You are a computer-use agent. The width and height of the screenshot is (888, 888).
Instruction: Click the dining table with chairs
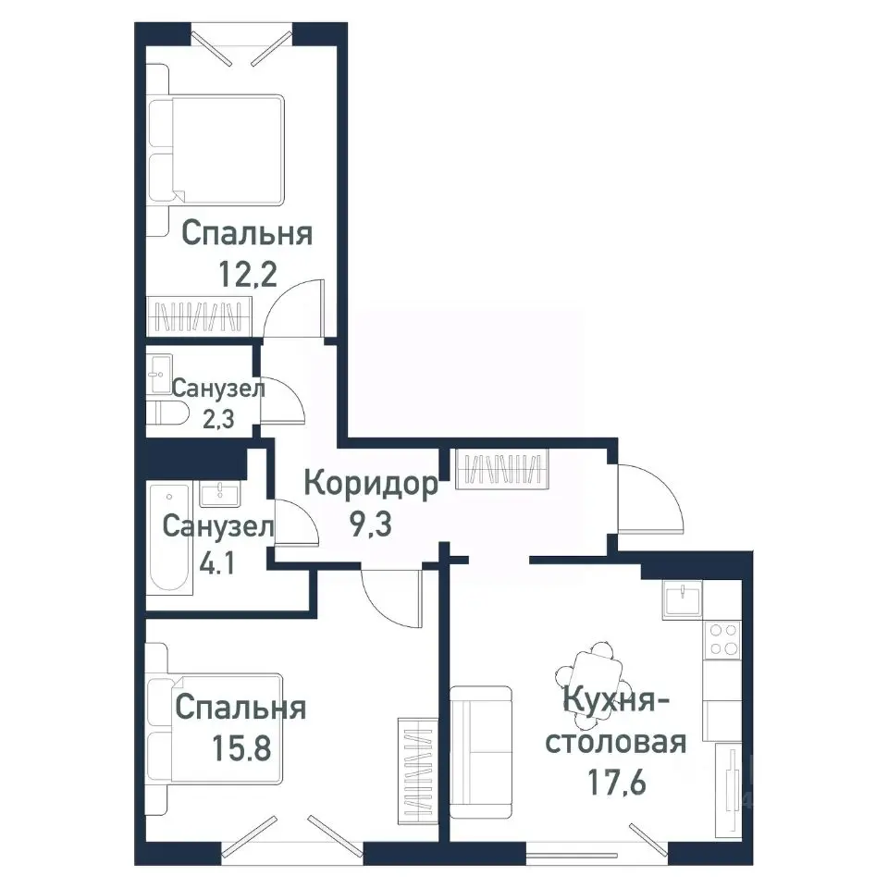pos(592,672)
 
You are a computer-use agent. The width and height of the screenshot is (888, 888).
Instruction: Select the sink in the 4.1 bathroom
pos(221,492)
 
